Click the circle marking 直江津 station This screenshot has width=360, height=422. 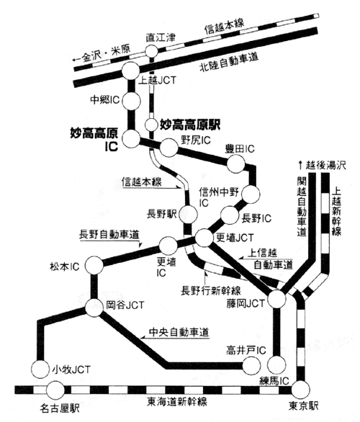click(151, 51)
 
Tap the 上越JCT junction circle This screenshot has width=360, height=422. click(131, 71)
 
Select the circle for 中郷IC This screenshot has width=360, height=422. click(131, 101)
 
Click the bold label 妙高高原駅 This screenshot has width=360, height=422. click(190, 125)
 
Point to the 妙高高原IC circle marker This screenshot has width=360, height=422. click(131, 139)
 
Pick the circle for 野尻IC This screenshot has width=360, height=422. click(169, 148)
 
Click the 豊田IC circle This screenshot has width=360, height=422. click(236, 163)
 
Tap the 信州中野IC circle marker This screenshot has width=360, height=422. click(251, 194)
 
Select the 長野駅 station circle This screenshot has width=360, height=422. click(189, 215)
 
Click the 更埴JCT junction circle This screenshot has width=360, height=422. click(204, 238)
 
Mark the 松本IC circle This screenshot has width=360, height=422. click(94, 265)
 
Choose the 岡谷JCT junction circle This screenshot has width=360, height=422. click(94, 307)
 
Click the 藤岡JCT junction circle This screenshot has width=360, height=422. click(277, 299)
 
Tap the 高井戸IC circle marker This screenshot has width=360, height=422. click(251, 366)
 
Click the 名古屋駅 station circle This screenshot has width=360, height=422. click(55, 390)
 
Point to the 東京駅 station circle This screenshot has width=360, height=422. click(301, 390)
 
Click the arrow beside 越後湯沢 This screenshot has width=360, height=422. click(300, 165)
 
